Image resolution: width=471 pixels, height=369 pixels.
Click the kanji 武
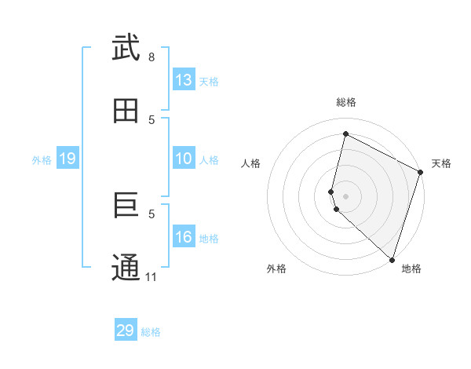pyautogui.click(x=126, y=49)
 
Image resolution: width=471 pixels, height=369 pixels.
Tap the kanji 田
pyautogui.click(x=126, y=111)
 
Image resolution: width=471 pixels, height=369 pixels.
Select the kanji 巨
pyautogui.click(x=126, y=206)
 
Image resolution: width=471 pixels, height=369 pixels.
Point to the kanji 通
pyautogui.click(x=126, y=268)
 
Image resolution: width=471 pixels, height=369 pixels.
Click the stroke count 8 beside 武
pyautogui.click(x=152, y=57)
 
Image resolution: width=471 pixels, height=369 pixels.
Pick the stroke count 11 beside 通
pyautogui.click(x=152, y=277)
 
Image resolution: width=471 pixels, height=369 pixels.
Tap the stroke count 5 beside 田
pyautogui.click(x=152, y=119)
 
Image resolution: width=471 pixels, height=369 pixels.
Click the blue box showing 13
pyautogui.click(x=184, y=80)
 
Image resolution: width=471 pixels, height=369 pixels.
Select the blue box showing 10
pyautogui.click(x=184, y=159)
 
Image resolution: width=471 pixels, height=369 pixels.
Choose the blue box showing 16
pyautogui.click(x=184, y=237)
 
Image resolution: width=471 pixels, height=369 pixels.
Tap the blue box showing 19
pyautogui.click(x=68, y=159)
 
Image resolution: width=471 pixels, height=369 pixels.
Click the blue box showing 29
pyautogui.click(x=126, y=331)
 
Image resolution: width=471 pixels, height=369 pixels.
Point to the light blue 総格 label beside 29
pyautogui.click(x=151, y=332)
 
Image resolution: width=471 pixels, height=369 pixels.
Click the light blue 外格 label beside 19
pyautogui.click(x=42, y=160)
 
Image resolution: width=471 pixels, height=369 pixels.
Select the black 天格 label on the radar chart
pyautogui.click(x=441, y=163)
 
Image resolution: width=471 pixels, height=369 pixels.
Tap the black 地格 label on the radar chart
pyautogui.click(x=411, y=269)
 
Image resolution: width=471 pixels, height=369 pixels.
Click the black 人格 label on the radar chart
pyautogui.click(x=250, y=163)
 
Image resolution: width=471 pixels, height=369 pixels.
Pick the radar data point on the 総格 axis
pyautogui.click(x=345, y=133)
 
